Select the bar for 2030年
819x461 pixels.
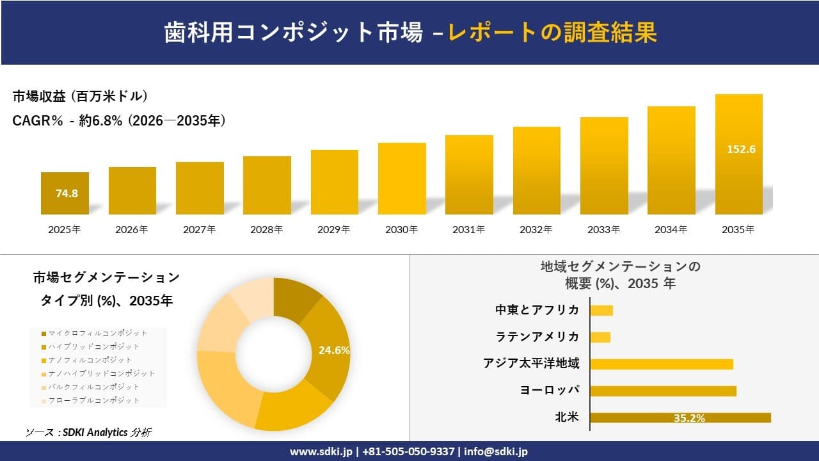tap(402, 179)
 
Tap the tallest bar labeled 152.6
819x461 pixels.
tap(738, 154)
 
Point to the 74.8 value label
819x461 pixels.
tap(67, 193)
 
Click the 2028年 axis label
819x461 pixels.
tap(267, 229)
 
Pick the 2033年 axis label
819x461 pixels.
tap(604, 229)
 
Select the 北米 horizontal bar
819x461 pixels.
tap(680, 417)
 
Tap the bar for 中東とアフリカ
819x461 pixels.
tap(601, 311)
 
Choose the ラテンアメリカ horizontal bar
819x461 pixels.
tap(600, 337)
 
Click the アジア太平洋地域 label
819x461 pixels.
tap(531, 364)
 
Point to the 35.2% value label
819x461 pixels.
tap(689, 418)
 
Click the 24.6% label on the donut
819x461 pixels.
tap(334, 350)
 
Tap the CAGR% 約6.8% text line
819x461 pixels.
tap(119, 121)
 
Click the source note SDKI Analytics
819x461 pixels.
tap(89, 432)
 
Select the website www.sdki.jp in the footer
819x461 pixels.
tap(322, 451)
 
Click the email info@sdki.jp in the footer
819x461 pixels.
tap(496, 451)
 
